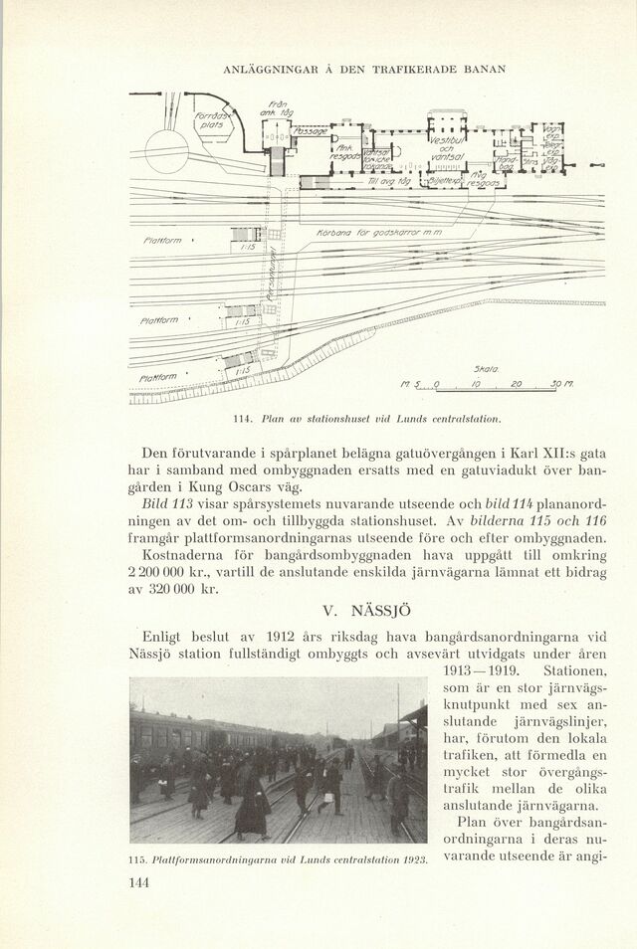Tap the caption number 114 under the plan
pos(240,417)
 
